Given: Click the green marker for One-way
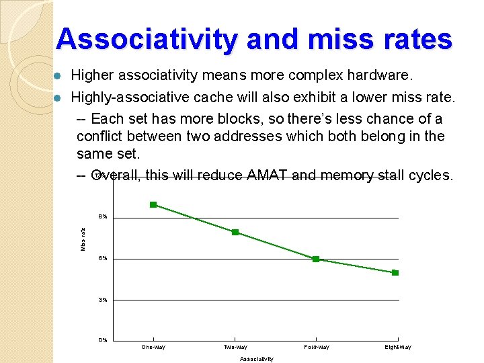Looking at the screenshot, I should coord(153,204).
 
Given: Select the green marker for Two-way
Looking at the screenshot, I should coord(235,232).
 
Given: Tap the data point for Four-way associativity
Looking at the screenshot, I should coord(316,259).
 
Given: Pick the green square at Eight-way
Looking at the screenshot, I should coord(395,272).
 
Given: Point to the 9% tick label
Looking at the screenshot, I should coord(103,217).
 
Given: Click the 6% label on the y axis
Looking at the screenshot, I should coord(103,258).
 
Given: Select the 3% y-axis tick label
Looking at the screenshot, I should coord(103,299).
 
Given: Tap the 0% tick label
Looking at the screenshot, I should coord(103,340).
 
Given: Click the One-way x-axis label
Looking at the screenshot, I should coord(153,347).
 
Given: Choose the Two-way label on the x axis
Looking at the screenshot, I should coord(235,347).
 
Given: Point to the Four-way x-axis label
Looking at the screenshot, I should coord(317,347).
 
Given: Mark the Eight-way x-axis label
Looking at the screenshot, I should coord(398,347).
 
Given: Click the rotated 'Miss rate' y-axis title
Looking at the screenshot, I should coord(83,239).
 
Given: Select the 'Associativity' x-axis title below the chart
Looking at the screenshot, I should coord(257,359).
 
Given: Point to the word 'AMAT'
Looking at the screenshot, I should coord(268,175).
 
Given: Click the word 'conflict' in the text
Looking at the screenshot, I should coord(101,136).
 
